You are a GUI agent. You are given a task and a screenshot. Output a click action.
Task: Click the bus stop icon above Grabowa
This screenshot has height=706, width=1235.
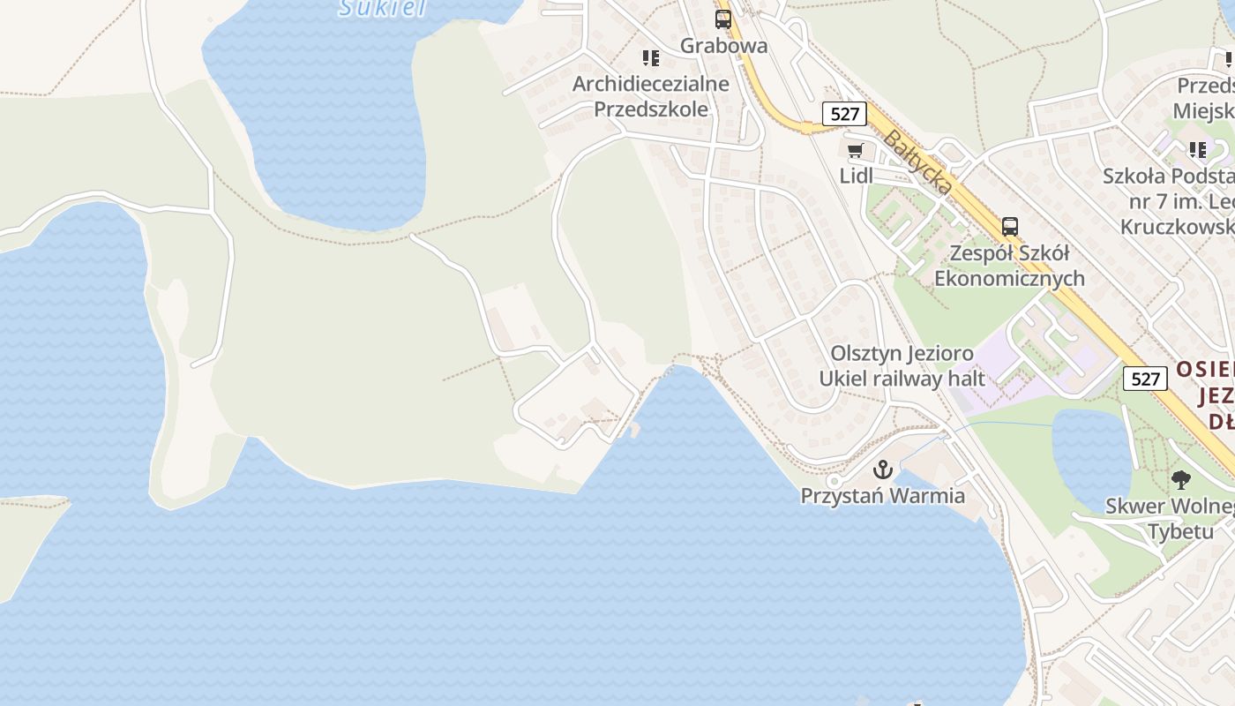tap(723, 19)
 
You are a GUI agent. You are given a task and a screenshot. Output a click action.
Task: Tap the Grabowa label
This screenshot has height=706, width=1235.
tap(723, 45)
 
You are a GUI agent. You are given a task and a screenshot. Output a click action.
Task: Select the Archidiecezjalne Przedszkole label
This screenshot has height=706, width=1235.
tap(651, 96)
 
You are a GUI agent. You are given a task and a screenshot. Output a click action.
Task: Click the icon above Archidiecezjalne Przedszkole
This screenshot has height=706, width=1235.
tap(651, 58)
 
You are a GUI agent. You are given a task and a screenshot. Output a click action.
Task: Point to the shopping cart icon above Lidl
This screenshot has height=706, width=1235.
tap(855, 150)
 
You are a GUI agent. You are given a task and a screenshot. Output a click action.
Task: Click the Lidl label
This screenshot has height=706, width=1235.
tap(856, 176)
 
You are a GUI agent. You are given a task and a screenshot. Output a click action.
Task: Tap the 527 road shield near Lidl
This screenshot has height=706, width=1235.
tap(844, 113)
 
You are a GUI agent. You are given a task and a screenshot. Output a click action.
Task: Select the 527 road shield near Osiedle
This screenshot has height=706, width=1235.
tap(1145, 379)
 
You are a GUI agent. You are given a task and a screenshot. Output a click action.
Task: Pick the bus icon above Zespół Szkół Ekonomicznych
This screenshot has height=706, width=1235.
tap(1010, 227)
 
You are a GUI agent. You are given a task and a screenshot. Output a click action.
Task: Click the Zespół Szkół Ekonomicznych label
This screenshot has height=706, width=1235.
tap(1009, 266)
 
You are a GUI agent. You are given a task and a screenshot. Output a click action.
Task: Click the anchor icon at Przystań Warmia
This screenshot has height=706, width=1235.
tap(882, 469)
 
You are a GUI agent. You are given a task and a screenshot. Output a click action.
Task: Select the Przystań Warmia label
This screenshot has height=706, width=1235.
tap(882, 495)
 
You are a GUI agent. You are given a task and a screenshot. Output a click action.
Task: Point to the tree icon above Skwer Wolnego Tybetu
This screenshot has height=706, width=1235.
tap(1181, 480)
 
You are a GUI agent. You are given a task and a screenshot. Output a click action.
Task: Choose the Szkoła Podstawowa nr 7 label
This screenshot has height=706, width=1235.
tap(1169, 201)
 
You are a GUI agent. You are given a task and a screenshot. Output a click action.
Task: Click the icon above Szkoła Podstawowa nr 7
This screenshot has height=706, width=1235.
tap(1197, 150)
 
